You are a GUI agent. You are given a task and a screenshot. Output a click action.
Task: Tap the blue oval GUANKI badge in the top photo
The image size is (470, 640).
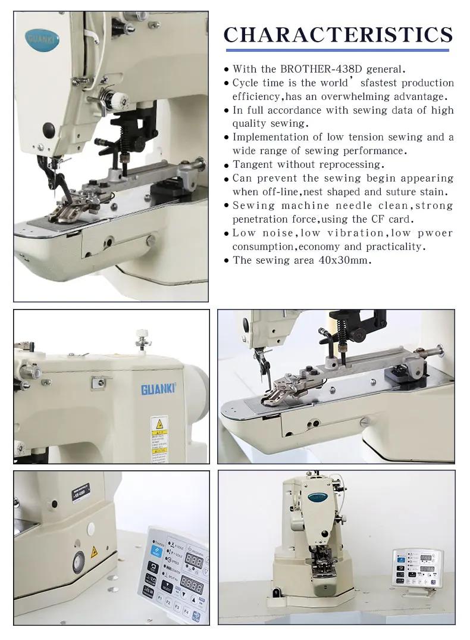coord(43,39)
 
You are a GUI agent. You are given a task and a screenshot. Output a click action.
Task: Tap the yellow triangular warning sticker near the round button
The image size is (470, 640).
coord(93,552)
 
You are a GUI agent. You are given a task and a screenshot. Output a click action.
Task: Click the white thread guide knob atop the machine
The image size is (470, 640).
coord(141,332)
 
